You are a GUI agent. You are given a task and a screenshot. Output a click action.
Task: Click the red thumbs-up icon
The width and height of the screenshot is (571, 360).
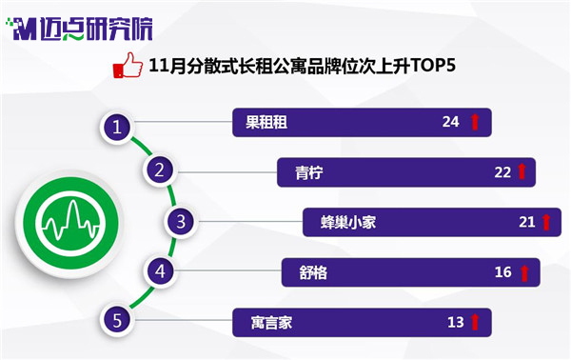[128, 65]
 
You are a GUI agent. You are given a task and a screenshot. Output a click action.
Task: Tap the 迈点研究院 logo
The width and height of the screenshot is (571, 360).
[79, 29]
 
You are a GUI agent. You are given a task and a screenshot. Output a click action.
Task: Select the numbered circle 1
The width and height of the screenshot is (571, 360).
[116, 128]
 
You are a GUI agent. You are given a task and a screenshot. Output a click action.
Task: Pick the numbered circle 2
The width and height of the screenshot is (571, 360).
[159, 170]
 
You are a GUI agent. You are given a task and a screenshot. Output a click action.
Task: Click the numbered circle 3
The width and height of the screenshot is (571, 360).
[181, 222]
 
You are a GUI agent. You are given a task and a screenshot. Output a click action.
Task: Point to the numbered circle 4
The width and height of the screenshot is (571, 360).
[160, 271]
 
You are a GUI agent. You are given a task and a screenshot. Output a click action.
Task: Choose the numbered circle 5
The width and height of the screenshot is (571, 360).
[116, 320]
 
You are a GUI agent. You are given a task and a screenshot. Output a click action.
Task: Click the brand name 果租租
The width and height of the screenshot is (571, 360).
[266, 123]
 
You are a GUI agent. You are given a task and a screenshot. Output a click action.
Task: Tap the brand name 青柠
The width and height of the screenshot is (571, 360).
[308, 172]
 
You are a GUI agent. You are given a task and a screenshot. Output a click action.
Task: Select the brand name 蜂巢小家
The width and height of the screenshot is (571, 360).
[348, 222]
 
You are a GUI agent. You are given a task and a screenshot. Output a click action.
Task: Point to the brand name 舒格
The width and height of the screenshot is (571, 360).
[313, 272]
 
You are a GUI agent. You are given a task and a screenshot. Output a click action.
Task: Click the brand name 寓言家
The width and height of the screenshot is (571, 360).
[271, 323]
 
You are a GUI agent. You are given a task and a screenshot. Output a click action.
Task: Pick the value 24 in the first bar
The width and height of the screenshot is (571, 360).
[450, 122]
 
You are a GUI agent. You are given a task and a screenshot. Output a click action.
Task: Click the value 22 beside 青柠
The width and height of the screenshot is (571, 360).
[502, 172]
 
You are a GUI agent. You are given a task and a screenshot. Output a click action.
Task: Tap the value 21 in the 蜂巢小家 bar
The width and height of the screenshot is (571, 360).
[527, 222]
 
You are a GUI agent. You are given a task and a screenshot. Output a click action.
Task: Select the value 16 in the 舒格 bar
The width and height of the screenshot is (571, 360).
[502, 272]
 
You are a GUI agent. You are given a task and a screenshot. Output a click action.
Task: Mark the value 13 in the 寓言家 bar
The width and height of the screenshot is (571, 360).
[456, 323]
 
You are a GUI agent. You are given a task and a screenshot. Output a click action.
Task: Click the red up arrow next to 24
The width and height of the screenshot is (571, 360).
[475, 122]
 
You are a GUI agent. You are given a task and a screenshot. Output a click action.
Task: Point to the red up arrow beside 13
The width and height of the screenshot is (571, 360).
[475, 322]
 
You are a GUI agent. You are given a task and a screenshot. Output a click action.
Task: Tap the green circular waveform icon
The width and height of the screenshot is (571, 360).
[70, 223]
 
